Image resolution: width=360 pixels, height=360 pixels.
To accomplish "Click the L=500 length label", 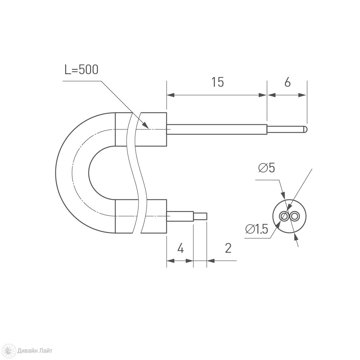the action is (81, 69).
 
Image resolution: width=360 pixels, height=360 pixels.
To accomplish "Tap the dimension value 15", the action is (217, 82).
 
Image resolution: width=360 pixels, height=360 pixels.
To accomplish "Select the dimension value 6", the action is (287, 82).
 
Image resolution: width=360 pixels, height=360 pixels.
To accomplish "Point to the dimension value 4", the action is (181, 248).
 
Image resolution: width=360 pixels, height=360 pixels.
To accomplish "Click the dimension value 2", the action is (228, 248).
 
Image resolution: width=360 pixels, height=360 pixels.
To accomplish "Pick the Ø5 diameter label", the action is (266, 168).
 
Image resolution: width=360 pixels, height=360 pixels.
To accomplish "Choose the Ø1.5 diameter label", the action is (257, 229).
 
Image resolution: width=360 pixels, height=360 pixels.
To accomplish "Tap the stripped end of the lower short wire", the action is (201, 216).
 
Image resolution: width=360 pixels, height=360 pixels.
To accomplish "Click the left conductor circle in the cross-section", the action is (284, 216).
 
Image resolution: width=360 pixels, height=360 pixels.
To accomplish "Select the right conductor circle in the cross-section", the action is (294, 216).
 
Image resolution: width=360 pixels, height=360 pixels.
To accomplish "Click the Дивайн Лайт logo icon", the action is (10, 350).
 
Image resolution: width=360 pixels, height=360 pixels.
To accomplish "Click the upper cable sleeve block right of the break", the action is (153, 129).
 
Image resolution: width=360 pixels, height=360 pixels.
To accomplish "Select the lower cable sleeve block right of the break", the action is (153, 216).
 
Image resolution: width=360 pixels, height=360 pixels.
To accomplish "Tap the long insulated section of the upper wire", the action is (217, 129).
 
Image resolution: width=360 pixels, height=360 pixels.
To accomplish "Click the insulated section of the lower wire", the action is (180, 216).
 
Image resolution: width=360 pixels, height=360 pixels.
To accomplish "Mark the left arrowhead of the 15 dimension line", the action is (171, 95).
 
